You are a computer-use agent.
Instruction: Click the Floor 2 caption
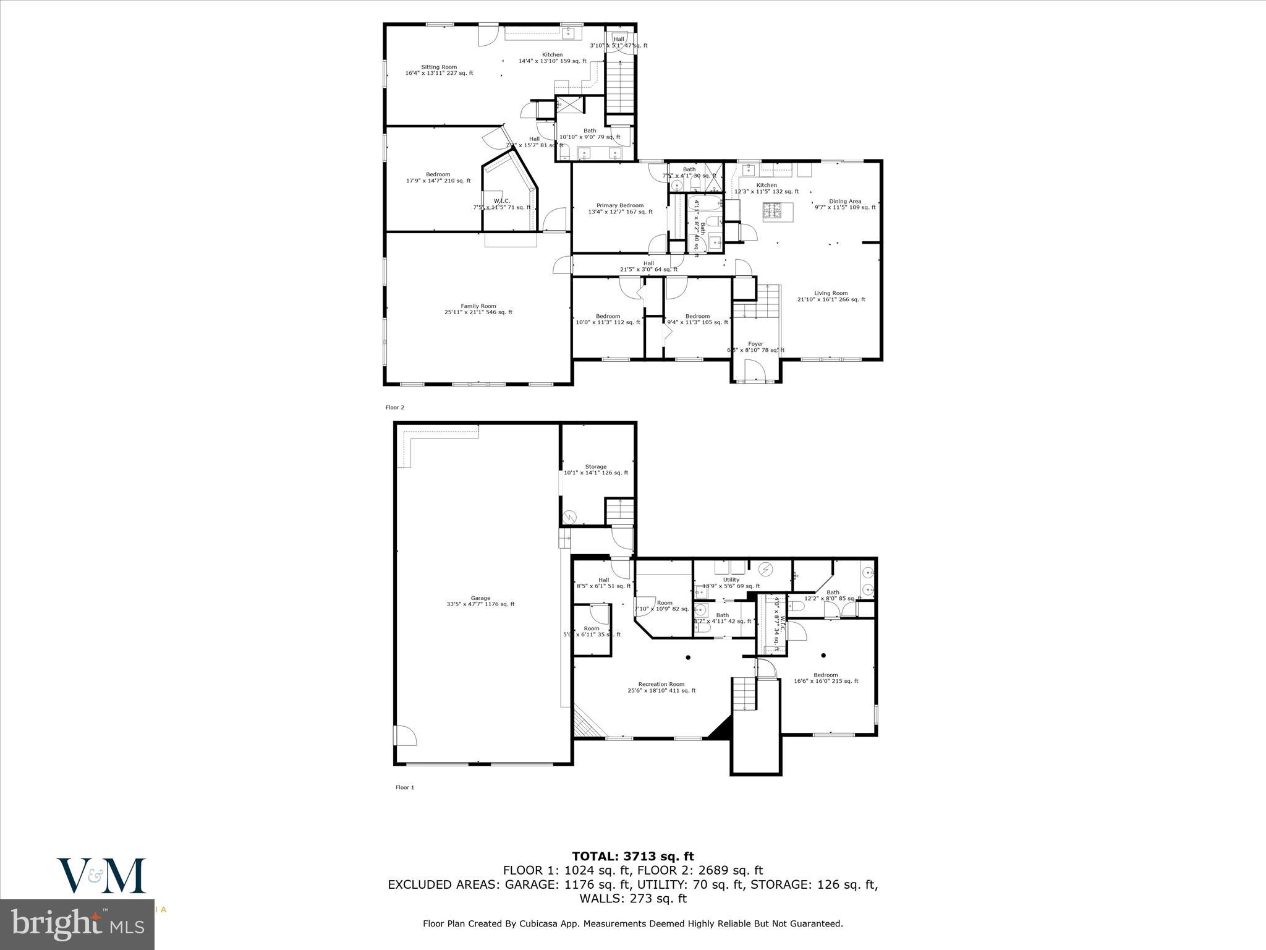pyautogui.click(x=394, y=408)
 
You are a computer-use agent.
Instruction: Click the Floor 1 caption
pyautogui.click(x=404, y=787)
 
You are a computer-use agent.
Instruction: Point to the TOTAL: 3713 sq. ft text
pyautogui.click(x=632, y=857)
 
